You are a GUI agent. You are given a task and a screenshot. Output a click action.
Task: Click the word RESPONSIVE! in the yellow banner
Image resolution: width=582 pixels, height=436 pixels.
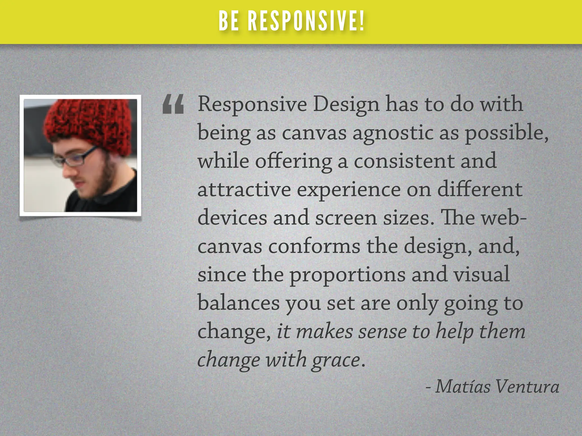pos(306,21)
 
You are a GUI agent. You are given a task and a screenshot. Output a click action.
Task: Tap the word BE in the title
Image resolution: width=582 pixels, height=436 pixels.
pos(229,21)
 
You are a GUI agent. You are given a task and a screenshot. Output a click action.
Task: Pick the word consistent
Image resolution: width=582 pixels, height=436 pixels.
pos(404,161)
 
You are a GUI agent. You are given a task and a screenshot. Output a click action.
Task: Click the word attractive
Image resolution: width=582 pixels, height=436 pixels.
pos(244,189)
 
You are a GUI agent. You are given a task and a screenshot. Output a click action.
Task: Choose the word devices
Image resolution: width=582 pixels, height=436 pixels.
pos(232,218)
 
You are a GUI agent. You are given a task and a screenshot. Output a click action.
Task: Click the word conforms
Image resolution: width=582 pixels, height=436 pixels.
pos(314,246)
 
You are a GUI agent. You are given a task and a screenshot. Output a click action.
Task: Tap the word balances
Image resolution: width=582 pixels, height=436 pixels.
pos(238,303)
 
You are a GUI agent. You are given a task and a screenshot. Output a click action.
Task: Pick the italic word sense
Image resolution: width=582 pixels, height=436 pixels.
pos(382,332)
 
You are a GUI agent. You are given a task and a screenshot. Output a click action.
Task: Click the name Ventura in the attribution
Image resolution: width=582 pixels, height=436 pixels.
pos(527,387)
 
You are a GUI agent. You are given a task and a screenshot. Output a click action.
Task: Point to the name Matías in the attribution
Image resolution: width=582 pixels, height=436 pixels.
pos(463,387)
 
